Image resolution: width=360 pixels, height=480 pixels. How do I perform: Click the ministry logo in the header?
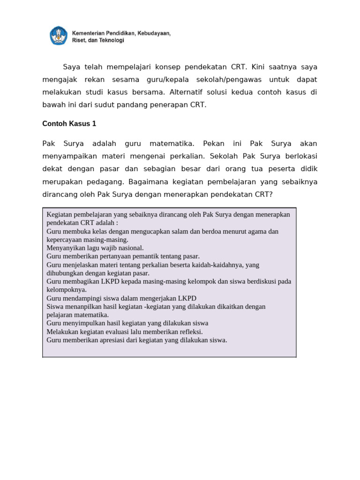[x=59, y=36]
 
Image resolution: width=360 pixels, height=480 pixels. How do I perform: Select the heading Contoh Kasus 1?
[x=69, y=124]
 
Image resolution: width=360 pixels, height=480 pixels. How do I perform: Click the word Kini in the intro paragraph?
[x=259, y=67]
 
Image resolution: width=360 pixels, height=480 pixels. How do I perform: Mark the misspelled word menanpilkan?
[x=83, y=307]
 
